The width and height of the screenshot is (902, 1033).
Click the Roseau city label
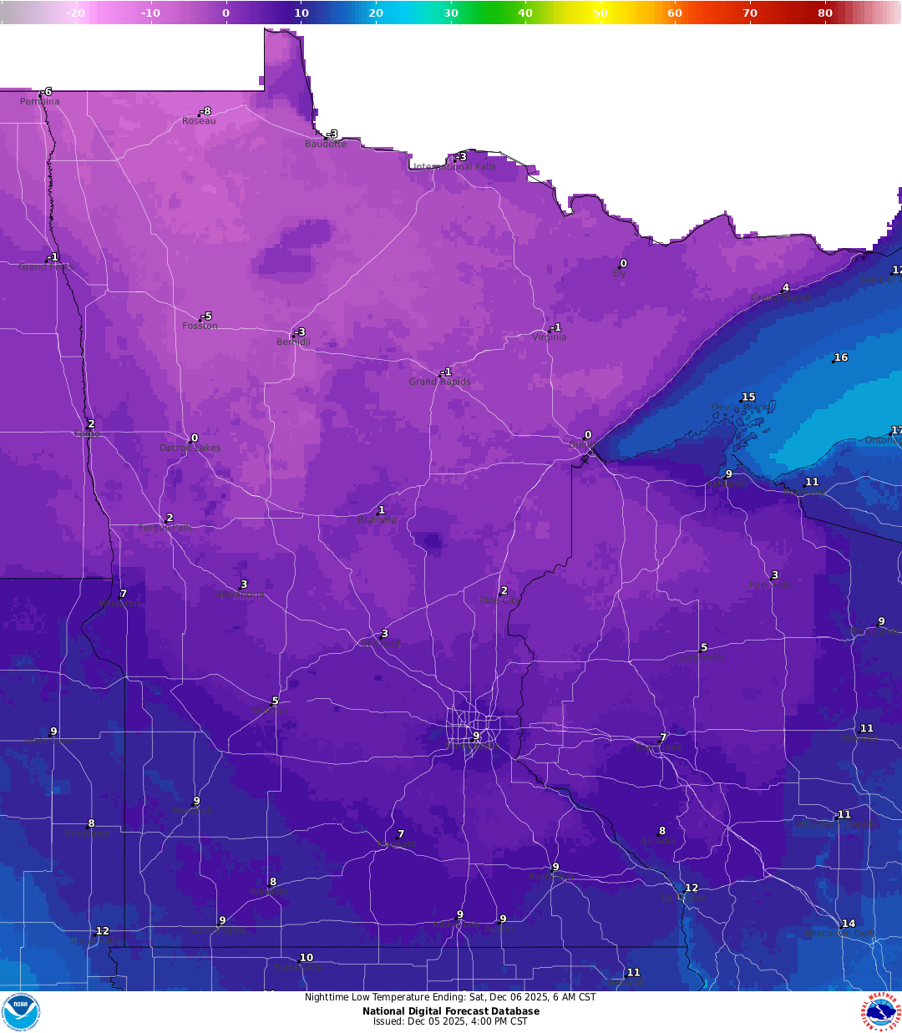point(199,121)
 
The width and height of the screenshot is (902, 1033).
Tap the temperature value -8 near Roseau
point(205,111)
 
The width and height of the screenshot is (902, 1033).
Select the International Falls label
point(455,167)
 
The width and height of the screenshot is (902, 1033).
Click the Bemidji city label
point(293,342)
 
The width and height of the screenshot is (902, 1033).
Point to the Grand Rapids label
point(439,382)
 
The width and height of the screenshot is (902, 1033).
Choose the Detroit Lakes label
point(190,448)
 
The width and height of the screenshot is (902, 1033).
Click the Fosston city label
point(200,326)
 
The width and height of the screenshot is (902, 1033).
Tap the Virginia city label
point(549,337)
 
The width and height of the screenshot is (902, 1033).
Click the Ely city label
point(619,274)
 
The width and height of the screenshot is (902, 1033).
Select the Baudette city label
point(326,144)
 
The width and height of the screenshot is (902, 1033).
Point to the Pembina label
point(40,102)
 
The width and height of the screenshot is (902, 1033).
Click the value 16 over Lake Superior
point(841,357)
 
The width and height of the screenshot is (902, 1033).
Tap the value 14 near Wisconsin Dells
point(849,924)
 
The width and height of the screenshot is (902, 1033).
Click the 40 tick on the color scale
point(525,13)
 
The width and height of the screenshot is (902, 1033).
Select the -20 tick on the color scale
point(75,13)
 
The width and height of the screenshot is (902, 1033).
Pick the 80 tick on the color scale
point(825,13)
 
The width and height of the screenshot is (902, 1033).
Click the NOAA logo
point(20,1012)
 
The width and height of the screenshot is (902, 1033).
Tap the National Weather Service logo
point(881,1012)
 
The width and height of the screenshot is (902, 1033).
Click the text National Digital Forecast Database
point(451,1011)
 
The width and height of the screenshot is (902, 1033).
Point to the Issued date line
point(451,1021)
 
